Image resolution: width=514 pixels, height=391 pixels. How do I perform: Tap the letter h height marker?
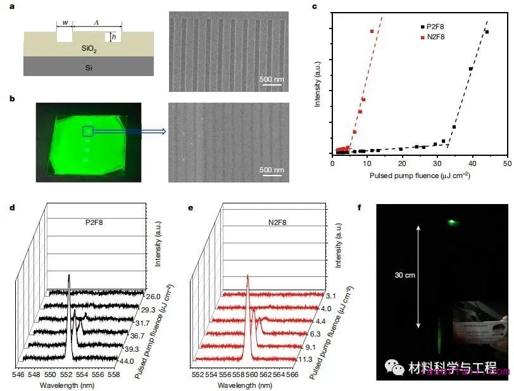tap(113, 37)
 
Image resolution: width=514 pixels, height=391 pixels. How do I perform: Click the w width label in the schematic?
tap(65, 23)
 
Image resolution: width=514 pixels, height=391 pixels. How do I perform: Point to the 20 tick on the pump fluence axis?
tap(403, 163)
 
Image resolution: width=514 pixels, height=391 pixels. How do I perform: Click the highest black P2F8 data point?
tap(487, 32)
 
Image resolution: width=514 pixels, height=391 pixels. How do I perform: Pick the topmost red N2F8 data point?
tap(372, 31)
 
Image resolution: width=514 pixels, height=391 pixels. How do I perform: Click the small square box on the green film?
tap(88, 131)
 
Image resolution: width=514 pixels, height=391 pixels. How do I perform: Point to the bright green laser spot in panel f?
tap(452, 222)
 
